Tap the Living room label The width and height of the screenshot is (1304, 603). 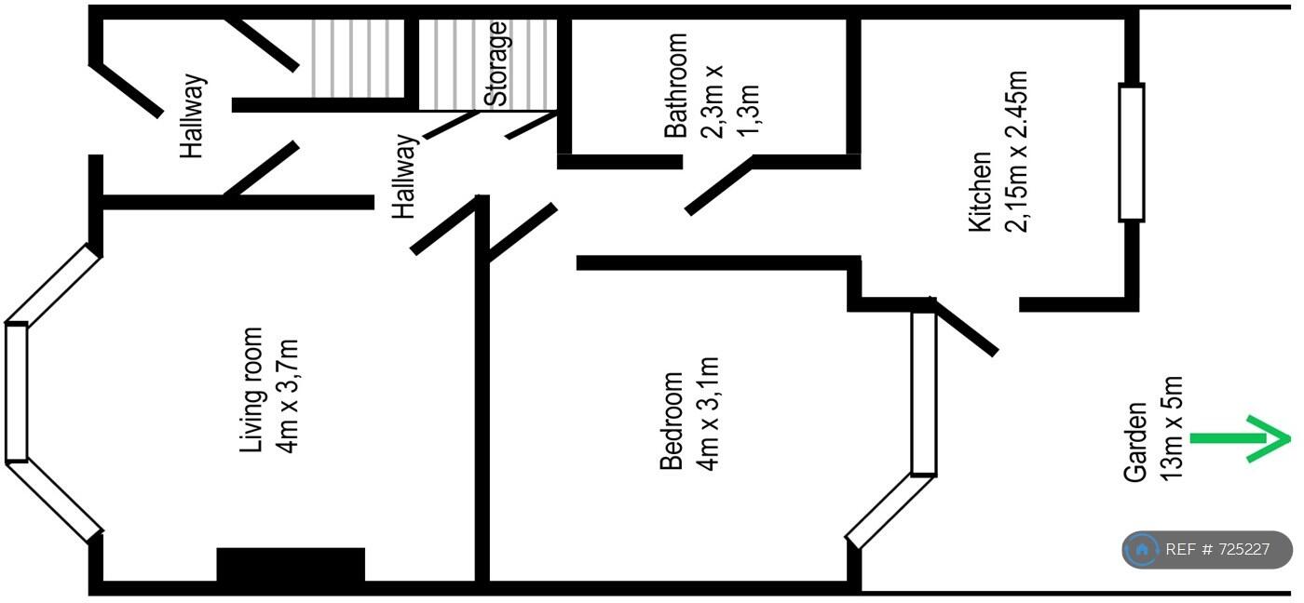coord(252,390)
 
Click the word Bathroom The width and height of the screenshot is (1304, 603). coord(676,86)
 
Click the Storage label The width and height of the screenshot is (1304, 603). coord(496,63)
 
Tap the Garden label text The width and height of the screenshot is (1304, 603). coord(1135,442)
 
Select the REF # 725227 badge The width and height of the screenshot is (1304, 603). coord(1207,550)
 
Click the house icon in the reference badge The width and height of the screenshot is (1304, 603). coord(1142,550)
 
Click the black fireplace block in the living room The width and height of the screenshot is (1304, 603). coord(291,564)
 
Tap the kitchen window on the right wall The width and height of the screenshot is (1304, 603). coord(1131,153)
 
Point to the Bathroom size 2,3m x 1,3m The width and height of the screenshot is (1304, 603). coord(731,97)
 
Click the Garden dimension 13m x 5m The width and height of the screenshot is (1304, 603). coord(1172,429)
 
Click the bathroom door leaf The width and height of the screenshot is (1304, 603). coord(718,186)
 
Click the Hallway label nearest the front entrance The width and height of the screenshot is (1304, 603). coord(194,116)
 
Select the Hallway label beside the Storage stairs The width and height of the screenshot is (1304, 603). coord(404,177)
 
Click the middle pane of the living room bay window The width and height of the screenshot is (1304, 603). coord(17,391)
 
